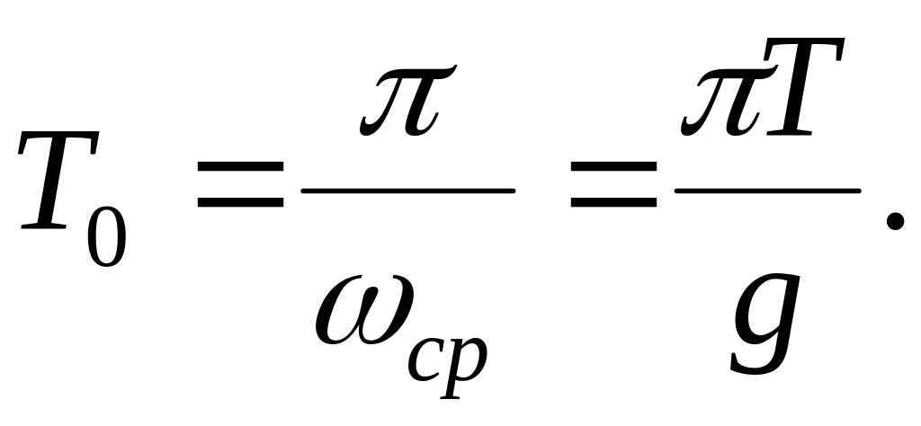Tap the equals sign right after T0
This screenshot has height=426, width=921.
[x=240, y=185]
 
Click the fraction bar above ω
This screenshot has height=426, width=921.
[x=408, y=191]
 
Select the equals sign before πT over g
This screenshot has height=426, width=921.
[x=613, y=185]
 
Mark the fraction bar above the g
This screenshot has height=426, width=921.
[x=768, y=191]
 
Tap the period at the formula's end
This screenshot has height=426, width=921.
[x=894, y=222]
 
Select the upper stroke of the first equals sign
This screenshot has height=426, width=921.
[x=240, y=166]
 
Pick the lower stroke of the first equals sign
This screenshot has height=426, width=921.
[x=240, y=203]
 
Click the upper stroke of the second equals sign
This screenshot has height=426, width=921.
[x=613, y=166]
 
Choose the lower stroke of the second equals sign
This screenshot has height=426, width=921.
[x=613, y=203]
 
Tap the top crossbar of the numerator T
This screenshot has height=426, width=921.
[x=806, y=44]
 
